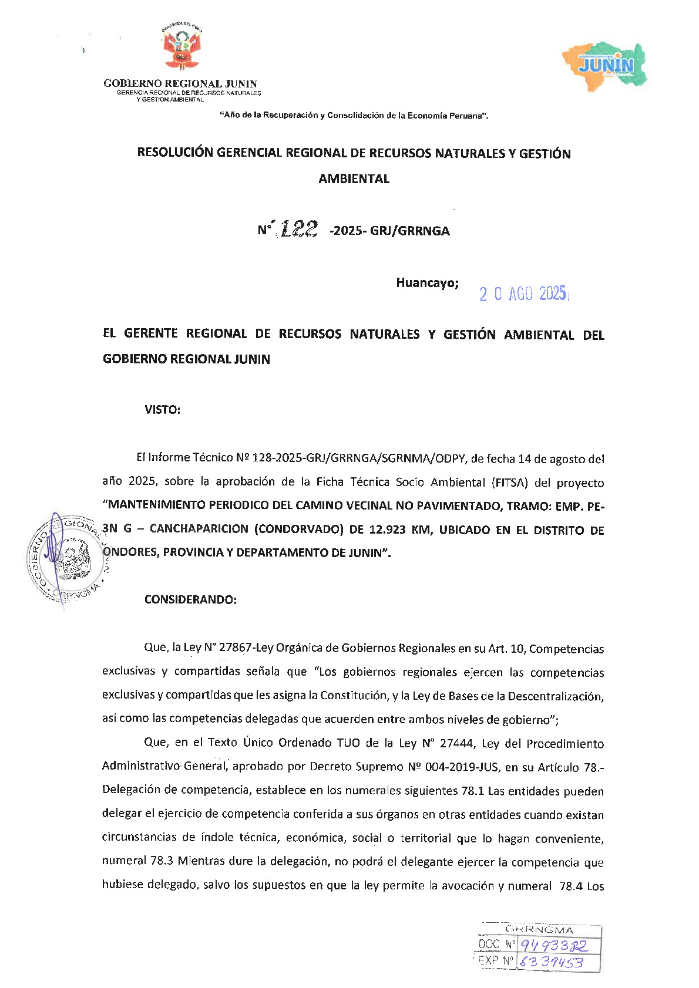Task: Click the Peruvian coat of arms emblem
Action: (x=182, y=49)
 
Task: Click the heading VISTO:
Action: (x=162, y=410)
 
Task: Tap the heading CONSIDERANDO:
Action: (x=190, y=599)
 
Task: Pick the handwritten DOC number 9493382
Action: (x=553, y=945)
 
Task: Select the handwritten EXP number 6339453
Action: (x=552, y=962)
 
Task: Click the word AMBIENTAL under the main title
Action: (x=354, y=179)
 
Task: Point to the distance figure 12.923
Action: (x=387, y=530)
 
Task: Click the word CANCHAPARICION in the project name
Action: (x=199, y=529)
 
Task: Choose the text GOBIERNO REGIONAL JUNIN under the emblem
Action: (x=180, y=83)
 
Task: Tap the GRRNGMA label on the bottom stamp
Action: (x=539, y=930)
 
